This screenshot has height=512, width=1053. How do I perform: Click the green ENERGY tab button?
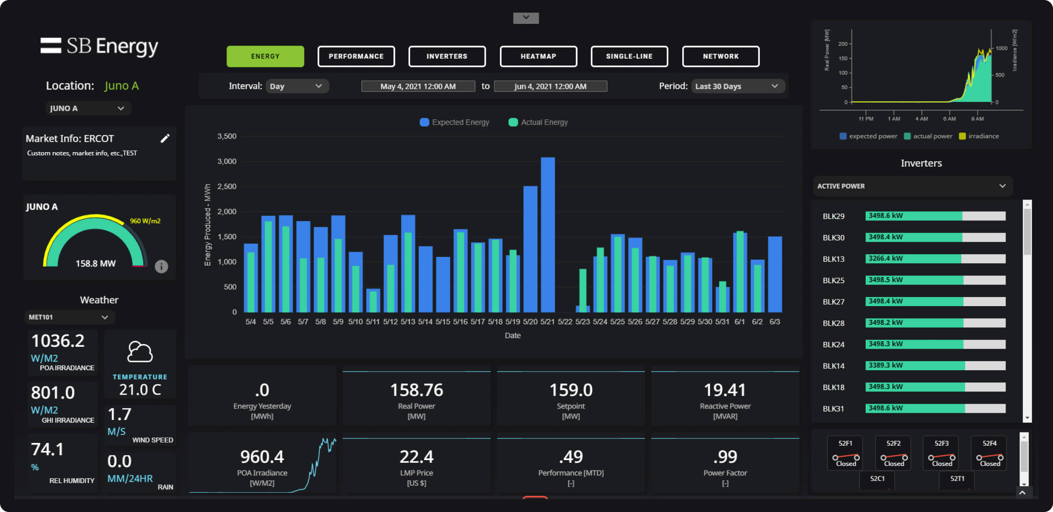tap(265, 56)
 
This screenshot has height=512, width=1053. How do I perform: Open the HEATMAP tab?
tap(538, 56)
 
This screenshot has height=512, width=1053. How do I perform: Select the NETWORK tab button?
tap(720, 56)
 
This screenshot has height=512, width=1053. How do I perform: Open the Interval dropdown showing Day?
tap(296, 86)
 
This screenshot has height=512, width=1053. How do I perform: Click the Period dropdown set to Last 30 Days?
tap(737, 86)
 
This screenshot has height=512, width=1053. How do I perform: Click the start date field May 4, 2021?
tap(418, 86)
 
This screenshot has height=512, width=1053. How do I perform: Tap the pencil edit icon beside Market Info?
tap(165, 139)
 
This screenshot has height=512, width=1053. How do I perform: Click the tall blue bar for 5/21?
tap(548, 235)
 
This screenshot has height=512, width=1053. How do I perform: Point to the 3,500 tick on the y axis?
tap(227, 136)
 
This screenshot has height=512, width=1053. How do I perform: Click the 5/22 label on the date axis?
tap(565, 322)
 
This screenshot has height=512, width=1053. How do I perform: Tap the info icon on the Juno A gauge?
tap(161, 266)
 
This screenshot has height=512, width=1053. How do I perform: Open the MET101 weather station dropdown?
tap(69, 317)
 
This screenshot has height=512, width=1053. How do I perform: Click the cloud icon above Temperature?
tap(140, 352)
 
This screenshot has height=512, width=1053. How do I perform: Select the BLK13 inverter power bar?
tap(935, 259)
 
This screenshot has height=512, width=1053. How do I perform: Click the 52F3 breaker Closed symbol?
tap(941, 457)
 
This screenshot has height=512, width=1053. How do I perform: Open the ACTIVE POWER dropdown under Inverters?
tap(912, 186)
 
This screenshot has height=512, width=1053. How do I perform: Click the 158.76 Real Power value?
tap(416, 390)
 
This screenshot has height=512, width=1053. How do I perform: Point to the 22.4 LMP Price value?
tap(416, 457)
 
